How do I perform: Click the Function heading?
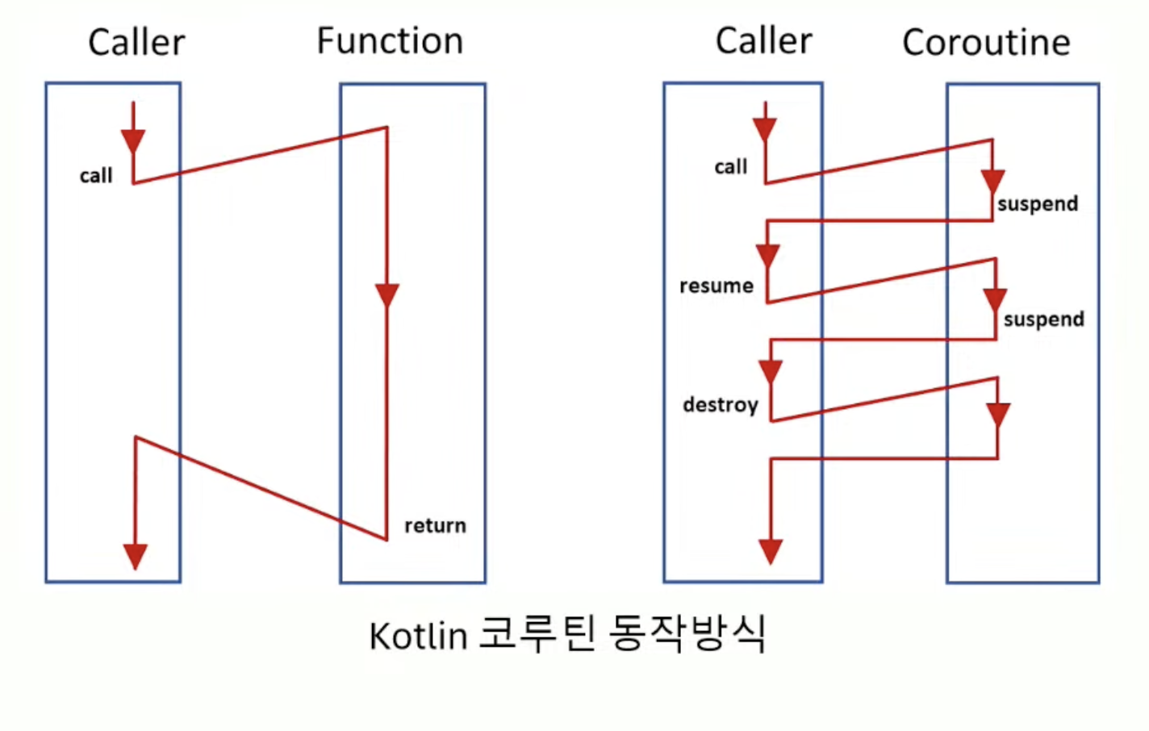click(390, 41)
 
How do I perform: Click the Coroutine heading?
click(986, 42)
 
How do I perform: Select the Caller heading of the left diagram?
click(136, 42)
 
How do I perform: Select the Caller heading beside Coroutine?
click(763, 40)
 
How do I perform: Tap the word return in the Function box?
click(435, 525)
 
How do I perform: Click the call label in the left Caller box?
click(96, 176)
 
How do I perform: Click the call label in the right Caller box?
click(731, 167)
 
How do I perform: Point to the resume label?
click(717, 286)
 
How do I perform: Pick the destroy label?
click(721, 404)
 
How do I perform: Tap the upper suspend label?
click(1038, 203)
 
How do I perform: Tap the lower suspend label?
click(1043, 320)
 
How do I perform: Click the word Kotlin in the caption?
click(418, 636)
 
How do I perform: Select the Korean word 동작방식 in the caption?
click(687, 634)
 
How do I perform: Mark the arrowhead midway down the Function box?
click(387, 294)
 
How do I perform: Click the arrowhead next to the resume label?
click(767, 256)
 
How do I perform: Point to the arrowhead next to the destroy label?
click(771, 371)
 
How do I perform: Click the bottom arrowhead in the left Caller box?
click(135, 556)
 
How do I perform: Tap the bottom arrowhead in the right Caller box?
click(771, 551)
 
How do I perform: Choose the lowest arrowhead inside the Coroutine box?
click(998, 415)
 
